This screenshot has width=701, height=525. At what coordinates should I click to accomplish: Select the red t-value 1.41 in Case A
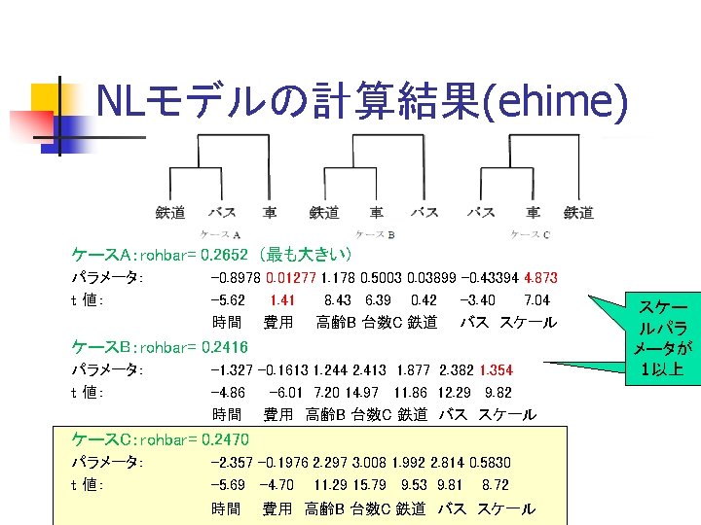click(282, 300)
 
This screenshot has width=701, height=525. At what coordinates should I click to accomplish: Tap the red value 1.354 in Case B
click(495, 370)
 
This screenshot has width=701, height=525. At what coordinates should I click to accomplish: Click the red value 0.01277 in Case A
click(291, 278)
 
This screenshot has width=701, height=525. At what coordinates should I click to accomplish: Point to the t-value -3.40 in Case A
click(476, 300)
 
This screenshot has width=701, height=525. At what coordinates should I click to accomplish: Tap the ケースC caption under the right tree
click(531, 234)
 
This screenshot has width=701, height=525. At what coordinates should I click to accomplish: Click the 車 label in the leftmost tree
click(270, 212)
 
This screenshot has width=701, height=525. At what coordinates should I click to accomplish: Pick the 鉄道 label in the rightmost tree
click(578, 212)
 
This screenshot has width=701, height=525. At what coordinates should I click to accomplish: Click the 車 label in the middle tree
click(377, 212)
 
